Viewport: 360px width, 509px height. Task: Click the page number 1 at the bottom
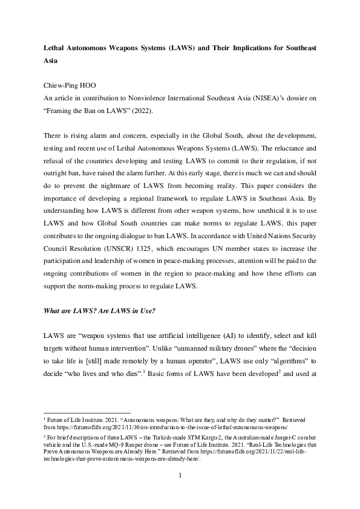[x=180, y=492]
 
